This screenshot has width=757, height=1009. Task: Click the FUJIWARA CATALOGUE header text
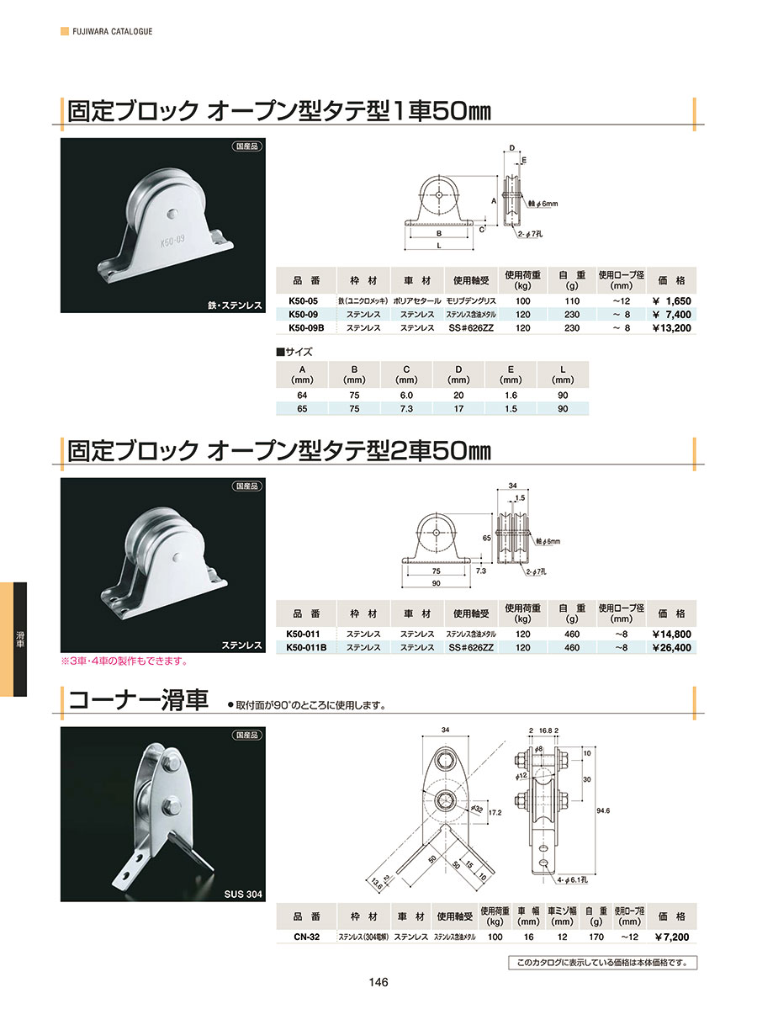pos(112,31)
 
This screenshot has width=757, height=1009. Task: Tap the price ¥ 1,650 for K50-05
pos(672,300)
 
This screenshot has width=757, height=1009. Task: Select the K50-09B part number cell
pos(306,327)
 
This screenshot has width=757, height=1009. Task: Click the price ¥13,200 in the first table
pos(672,327)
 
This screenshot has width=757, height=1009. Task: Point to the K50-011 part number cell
pos(303,634)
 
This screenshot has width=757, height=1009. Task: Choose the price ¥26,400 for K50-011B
pos(672,647)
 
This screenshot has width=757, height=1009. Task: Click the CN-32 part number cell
pos(306,937)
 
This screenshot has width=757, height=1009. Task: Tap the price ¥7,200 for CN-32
pos(672,937)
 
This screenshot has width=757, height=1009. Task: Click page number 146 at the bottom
pos(378,982)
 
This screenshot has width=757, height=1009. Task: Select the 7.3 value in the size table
pos(406,409)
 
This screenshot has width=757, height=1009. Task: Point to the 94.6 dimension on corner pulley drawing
pos(602,810)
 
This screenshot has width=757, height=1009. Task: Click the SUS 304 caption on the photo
pos(243,894)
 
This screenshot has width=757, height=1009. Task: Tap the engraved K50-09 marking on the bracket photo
pos(172,242)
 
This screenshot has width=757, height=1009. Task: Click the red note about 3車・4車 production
pos(124,661)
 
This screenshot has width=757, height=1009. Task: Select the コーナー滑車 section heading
pos(138,700)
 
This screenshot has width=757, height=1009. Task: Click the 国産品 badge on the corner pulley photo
pos(247,735)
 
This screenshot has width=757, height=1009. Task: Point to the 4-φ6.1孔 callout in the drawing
pos(573,879)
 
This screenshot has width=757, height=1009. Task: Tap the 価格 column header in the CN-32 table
pos(672,916)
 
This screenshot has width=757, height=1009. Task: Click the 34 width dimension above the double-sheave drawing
pos(512,486)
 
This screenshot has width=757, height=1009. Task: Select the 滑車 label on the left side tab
pos(20,640)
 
